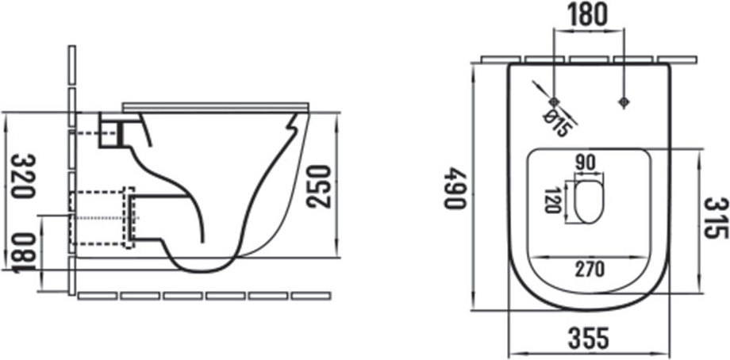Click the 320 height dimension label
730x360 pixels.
(23, 176)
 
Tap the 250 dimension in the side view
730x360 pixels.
(318, 186)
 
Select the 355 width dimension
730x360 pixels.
(589, 338)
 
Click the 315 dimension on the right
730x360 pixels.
(716, 218)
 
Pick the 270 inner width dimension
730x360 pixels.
(590, 269)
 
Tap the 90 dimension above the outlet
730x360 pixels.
(586, 163)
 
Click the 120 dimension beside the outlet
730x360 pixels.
(552, 200)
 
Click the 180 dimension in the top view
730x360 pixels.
(587, 14)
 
